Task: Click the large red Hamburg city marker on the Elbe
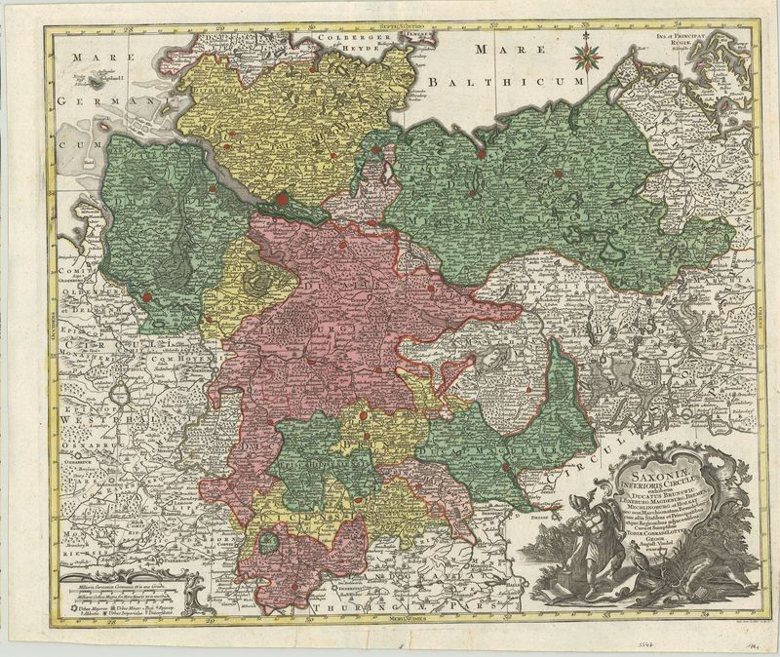pos(284,200)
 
